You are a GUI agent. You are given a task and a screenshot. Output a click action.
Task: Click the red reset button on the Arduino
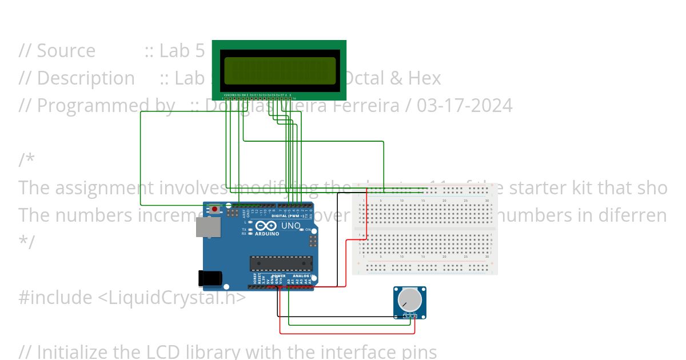tap(215, 209)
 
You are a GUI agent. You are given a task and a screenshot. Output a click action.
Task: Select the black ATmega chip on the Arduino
tap(281, 263)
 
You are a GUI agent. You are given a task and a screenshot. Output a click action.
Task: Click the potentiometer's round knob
tap(410, 299)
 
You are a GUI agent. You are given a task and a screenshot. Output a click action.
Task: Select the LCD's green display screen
tap(280, 70)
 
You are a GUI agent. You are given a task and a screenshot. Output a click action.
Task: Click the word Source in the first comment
tap(66, 51)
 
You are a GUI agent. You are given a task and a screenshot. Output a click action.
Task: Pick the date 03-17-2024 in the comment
tap(464, 106)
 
